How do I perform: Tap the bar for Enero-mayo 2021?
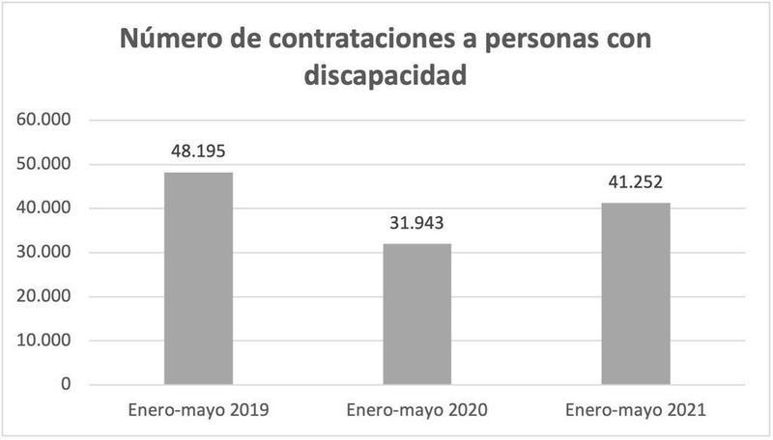click(x=635, y=293)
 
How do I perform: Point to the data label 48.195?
click(x=198, y=151)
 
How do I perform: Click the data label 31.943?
click(x=416, y=224)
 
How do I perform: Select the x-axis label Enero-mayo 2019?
click(x=198, y=410)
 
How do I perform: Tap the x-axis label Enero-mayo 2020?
click(x=416, y=410)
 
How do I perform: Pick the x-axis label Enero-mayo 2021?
click(x=635, y=410)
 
